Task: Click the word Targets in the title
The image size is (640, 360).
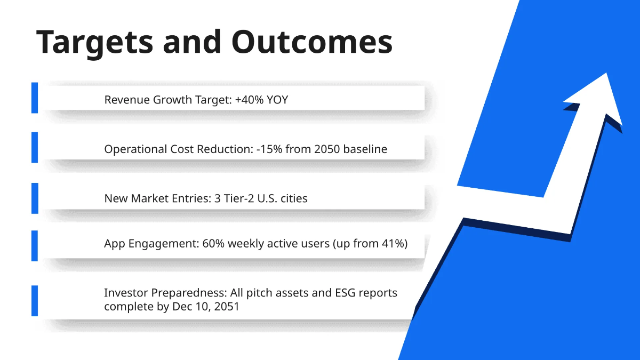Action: click(x=95, y=43)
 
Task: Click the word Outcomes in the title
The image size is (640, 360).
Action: click(x=312, y=42)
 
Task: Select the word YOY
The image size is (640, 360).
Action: click(x=277, y=100)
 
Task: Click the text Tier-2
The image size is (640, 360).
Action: click(x=238, y=198)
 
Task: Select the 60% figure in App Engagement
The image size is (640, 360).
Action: click(x=213, y=243)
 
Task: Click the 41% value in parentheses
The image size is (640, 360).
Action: click(x=393, y=243)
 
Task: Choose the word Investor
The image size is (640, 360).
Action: click(x=126, y=293)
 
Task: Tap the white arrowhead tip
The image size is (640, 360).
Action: click(x=606, y=73)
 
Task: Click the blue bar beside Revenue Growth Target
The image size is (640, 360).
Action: click(x=35, y=98)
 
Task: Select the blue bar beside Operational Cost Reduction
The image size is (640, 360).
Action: click(x=35, y=147)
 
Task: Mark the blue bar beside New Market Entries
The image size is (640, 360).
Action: click(x=35, y=198)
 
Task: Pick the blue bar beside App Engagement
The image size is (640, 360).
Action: click(x=35, y=246)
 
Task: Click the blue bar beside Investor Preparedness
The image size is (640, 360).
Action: click(x=35, y=301)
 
